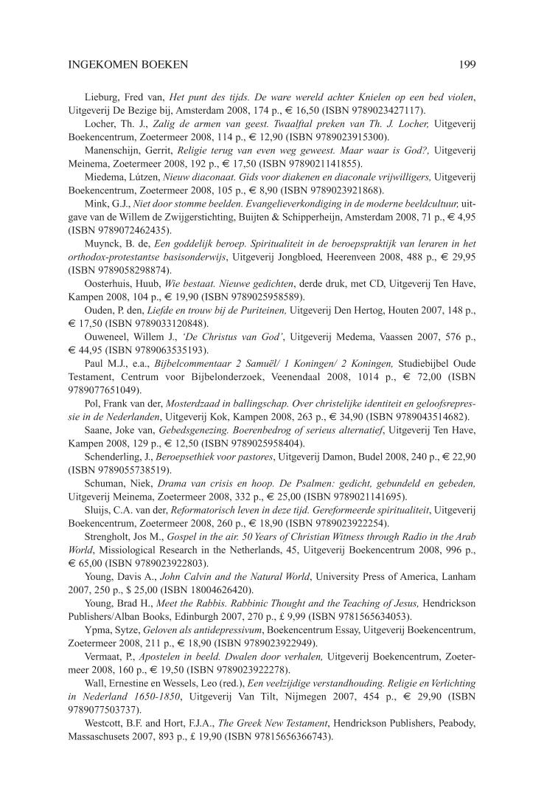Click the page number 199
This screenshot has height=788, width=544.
[467, 65]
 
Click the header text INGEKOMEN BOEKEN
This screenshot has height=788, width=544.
[128, 65]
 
